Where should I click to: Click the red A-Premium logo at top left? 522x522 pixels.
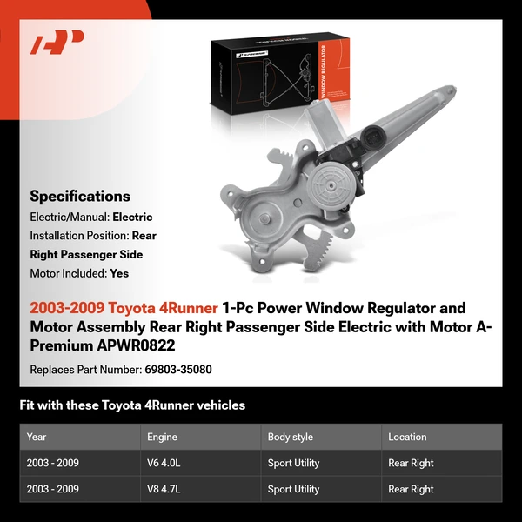57,43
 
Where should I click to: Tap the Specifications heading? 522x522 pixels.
80,196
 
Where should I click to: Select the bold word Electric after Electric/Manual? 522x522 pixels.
132,217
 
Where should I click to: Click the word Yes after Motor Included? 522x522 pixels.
119,272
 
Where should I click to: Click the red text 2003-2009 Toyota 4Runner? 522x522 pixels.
124,308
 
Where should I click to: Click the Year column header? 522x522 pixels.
37,437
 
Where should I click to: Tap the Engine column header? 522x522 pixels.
162,437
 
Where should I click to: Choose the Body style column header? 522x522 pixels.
291,437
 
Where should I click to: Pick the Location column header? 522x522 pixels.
407,437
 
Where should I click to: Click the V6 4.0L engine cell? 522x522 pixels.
163,463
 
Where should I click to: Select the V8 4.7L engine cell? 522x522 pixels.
163,489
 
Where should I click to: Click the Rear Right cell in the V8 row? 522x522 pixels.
411,489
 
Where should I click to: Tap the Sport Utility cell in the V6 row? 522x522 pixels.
293,463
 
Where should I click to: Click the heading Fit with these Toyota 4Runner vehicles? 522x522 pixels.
132,405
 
